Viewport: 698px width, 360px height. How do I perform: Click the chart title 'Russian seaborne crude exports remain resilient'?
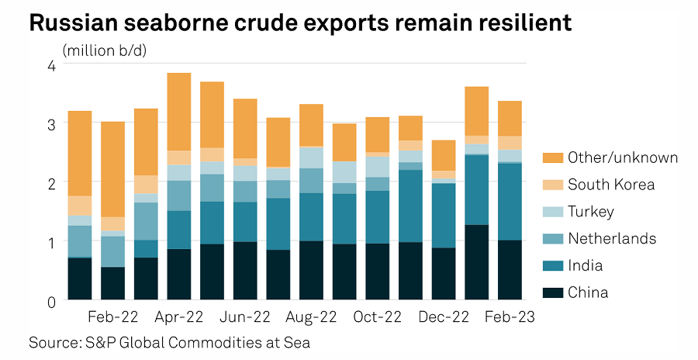tap(300, 22)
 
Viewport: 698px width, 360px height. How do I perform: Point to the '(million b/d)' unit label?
tap(105, 51)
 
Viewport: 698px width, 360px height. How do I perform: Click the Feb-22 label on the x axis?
tap(112, 317)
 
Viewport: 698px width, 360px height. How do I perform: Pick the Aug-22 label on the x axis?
tap(311, 317)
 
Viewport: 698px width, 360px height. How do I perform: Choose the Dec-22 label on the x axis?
tap(444, 317)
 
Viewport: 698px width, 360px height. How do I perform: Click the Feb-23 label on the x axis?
tap(510, 317)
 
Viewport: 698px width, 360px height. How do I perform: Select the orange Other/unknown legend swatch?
tap(552, 157)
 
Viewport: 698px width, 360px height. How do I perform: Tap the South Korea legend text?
tap(611, 185)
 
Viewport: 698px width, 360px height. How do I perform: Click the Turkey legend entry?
tap(591, 212)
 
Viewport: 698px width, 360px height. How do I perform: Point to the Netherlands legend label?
tap(612, 238)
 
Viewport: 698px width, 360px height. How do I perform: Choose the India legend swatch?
tap(552, 265)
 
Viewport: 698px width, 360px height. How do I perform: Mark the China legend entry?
tap(589, 292)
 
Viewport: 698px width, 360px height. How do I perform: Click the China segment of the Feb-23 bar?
tap(510, 270)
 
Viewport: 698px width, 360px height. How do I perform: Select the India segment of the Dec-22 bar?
tap(444, 216)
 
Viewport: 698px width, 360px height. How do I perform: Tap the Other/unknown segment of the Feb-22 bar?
tap(112, 169)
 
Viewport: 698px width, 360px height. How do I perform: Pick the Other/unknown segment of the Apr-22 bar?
tap(179, 112)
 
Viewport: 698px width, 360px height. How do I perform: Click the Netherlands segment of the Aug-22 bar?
tap(311, 181)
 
